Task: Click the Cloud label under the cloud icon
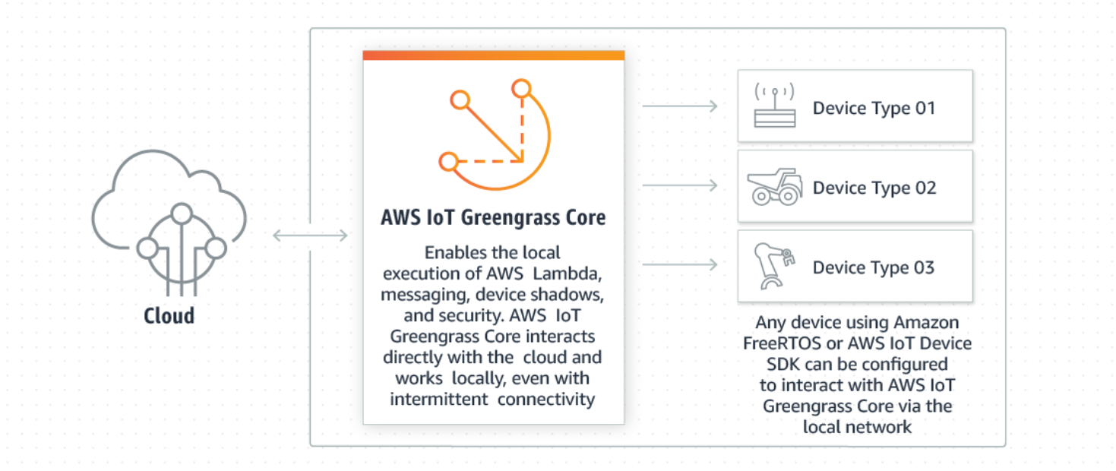[169, 315]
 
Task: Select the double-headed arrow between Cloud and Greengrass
[310, 235]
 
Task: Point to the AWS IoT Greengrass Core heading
[493, 218]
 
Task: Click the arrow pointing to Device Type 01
[680, 106]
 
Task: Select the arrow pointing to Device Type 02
[680, 185]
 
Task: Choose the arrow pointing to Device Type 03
[680, 264]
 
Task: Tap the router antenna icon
[774, 107]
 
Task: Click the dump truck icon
[774, 187]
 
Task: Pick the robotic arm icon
[774, 266]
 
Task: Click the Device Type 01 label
[874, 108]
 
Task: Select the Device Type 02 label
[874, 188]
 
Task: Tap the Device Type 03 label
[874, 267]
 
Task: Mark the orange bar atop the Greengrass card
[493, 55]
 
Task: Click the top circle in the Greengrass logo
[520, 89]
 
